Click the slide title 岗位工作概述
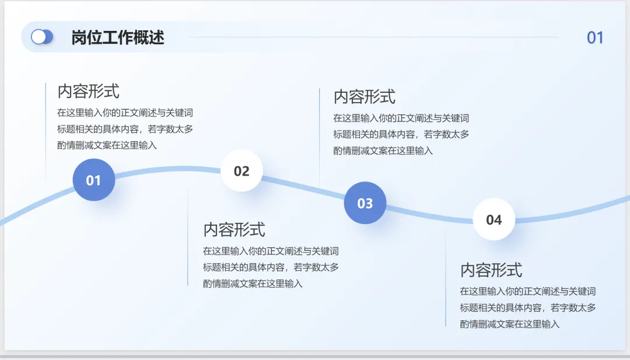click(117, 37)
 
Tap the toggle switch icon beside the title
click(42, 37)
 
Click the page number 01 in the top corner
click(595, 38)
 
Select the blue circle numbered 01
click(94, 180)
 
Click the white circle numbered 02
click(242, 171)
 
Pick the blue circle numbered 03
click(365, 203)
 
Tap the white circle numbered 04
click(494, 219)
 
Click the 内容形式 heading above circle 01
click(88, 91)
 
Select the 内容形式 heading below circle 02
click(234, 229)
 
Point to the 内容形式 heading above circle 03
click(364, 96)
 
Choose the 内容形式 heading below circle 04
click(491, 270)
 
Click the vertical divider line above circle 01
click(45, 128)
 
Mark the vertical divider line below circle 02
click(188, 239)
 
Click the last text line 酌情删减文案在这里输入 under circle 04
click(510, 324)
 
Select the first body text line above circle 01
click(125, 113)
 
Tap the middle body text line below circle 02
click(271, 267)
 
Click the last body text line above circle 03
click(383, 151)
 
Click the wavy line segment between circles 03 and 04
click(429, 215)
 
